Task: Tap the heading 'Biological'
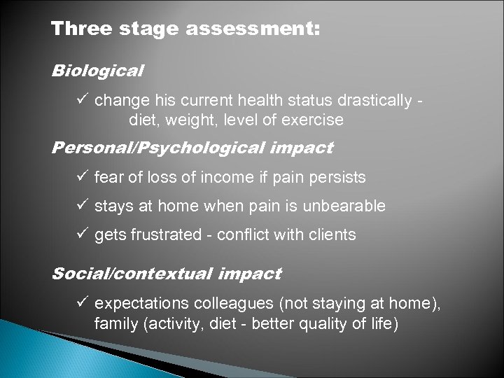(97, 71)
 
